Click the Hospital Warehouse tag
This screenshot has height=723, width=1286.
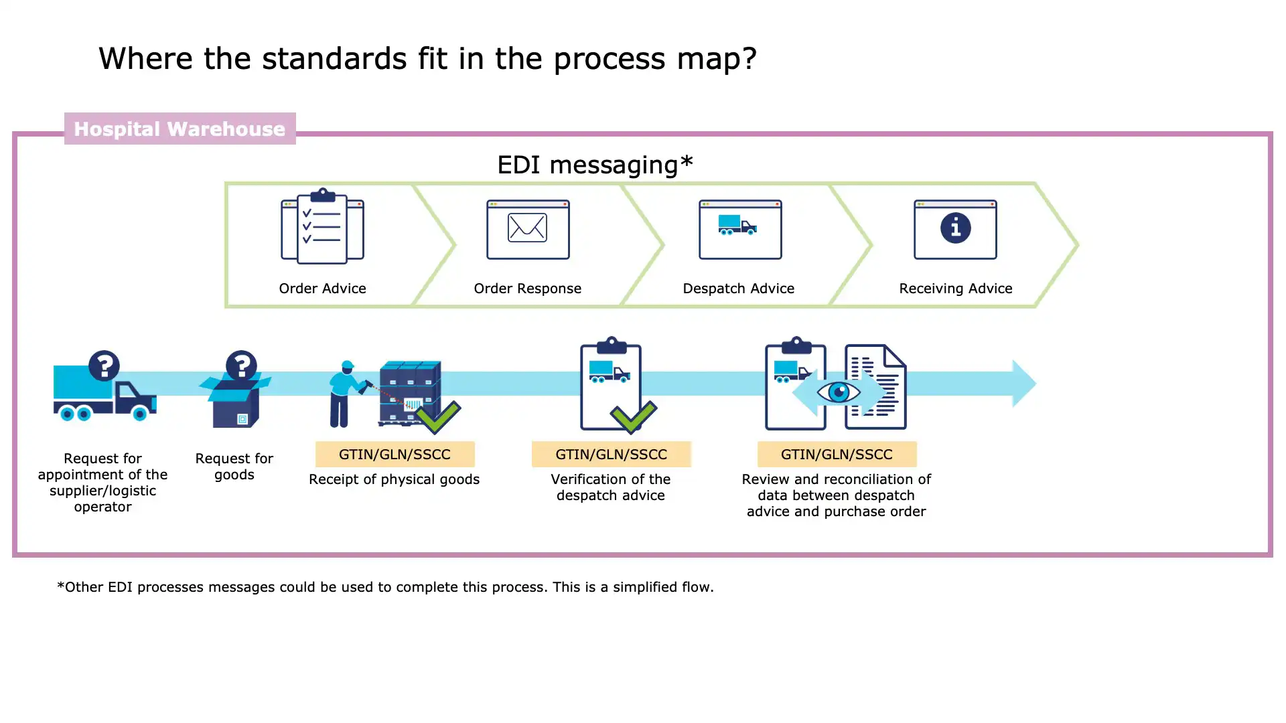pos(180,129)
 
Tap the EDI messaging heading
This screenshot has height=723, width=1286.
pos(594,165)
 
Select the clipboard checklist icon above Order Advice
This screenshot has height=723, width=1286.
pos(322,226)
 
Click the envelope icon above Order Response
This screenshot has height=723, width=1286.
pos(527,228)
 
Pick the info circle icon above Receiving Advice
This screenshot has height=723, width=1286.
pos(955,228)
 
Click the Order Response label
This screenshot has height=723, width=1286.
pos(527,289)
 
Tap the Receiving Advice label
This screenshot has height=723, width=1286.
pos(955,289)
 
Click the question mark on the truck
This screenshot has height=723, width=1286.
pos(104,366)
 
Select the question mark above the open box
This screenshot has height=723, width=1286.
pos(241,366)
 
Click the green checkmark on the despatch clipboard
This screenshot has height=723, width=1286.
pos(634,416)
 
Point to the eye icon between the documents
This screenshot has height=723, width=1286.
pos(839,392)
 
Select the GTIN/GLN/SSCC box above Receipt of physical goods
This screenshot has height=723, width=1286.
pos(395,455)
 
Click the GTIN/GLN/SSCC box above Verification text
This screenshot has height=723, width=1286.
pos(611,455)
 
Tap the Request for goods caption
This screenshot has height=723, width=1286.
pos(234,467)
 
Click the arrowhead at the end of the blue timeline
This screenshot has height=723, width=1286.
pos(1023,384)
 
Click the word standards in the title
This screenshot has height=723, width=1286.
pos(334,59)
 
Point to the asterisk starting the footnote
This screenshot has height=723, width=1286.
pos(61,586)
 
